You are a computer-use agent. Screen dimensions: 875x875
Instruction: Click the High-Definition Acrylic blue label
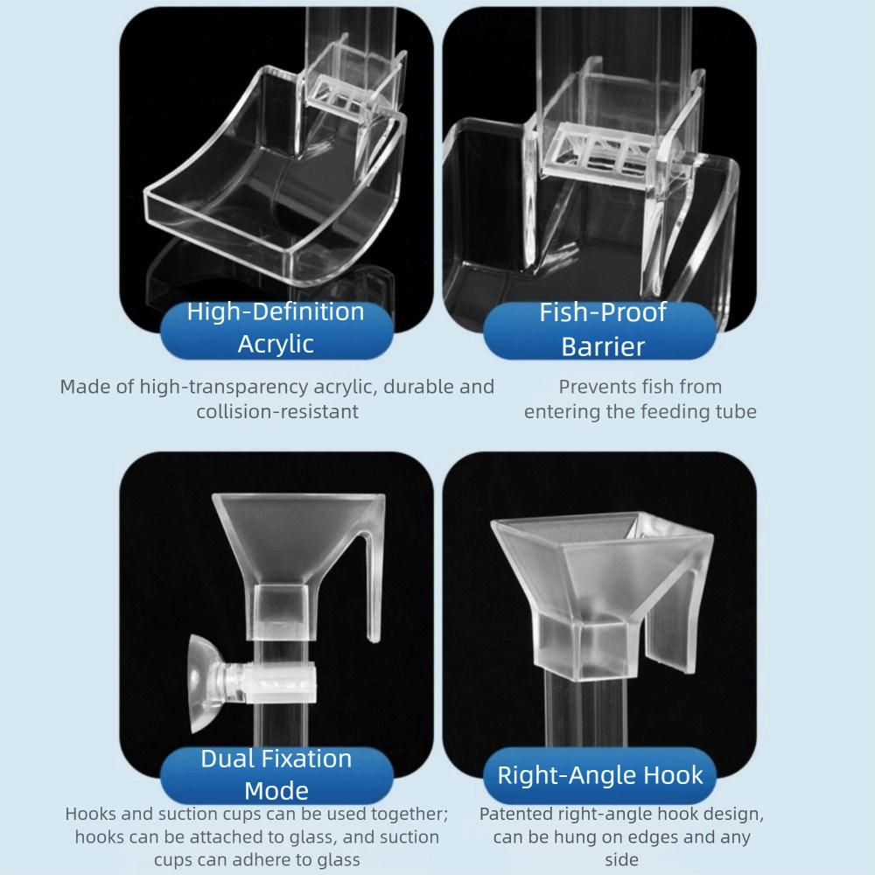pos(276,328)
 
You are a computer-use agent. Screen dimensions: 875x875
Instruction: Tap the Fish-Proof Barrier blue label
pos(603,329)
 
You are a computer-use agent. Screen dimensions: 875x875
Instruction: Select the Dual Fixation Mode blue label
pos(276,773)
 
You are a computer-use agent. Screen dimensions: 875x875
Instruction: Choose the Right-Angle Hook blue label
pos(600,774)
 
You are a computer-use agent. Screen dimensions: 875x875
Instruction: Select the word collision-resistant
pos(277,411)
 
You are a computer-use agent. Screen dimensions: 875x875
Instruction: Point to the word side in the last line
pos(621,860)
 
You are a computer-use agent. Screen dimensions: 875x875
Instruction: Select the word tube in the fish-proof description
pos(736,411)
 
